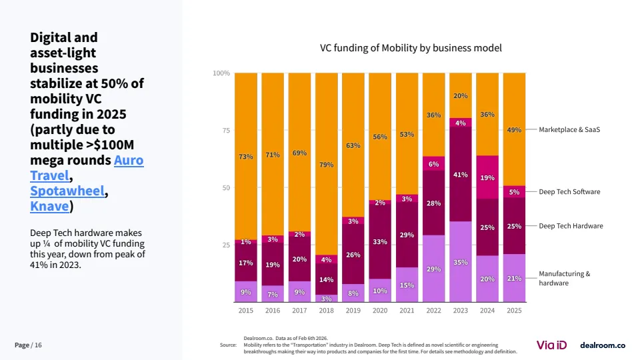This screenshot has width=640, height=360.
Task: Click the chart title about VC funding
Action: click(x=411, y=48)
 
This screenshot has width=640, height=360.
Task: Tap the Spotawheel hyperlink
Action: click(x=67, y=191)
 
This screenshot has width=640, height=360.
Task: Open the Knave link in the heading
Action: click(x=49, y=206)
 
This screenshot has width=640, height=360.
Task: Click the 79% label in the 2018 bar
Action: click(x=326, y=164)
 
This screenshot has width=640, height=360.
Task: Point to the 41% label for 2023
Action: click(x=461, y=175)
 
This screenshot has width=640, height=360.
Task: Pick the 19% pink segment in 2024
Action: click(x=487, y=178)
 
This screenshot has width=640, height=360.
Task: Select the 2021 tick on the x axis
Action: click(x=407, y=310)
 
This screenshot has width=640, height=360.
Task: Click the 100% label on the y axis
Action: click(x=221, y=73)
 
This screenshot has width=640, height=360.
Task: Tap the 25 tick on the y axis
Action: click(x=225, y=245)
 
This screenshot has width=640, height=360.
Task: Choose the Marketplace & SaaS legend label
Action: click(x=569, y=129)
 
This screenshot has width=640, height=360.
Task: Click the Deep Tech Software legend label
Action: click(x=569, y=191)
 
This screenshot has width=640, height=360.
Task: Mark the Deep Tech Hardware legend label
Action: click(x=571, y=226)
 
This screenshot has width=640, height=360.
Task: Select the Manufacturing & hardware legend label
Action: click(x=564, y=278)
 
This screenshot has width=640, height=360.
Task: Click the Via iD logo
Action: click(x=551, y=345)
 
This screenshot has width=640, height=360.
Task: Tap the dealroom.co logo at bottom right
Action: click(x=603, y=345)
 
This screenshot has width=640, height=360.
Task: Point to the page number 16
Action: click(x=38, y=345)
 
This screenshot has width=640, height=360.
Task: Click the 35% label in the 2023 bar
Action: click(x=461, y=263)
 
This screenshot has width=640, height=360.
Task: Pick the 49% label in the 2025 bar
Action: click(x=514, y=130)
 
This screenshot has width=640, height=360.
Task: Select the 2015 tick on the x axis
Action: click(x=245, y=310)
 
